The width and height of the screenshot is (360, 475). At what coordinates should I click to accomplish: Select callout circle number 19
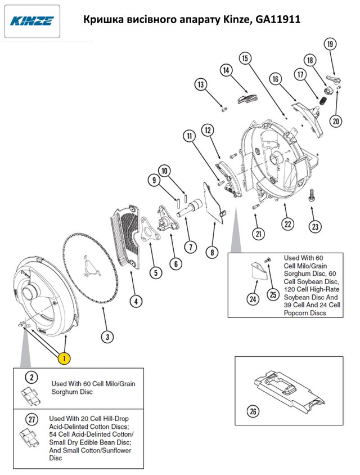[330, 44]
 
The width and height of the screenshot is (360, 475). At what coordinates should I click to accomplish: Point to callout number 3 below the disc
[107, 337]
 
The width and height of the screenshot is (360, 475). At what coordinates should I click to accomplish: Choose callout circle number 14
[226, 70]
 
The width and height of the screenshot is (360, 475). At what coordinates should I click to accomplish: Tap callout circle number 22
[287, 223]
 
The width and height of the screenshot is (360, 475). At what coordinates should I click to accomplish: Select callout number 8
[211, 253]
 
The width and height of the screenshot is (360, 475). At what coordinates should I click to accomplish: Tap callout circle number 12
[207, 130]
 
